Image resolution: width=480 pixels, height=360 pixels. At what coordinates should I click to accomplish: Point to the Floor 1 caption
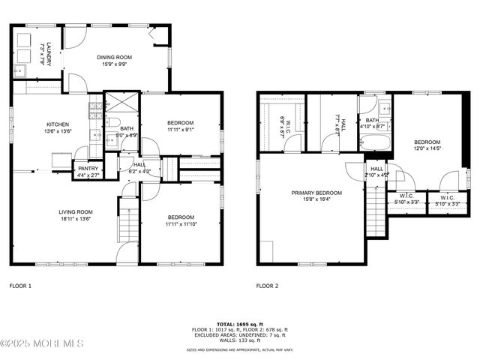[20, 286]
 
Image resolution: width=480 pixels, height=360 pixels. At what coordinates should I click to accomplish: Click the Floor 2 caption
[267, 286]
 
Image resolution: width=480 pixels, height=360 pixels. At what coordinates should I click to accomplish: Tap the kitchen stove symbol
[95, 109]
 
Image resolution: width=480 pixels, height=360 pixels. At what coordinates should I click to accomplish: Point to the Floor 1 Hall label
[140, 168]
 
